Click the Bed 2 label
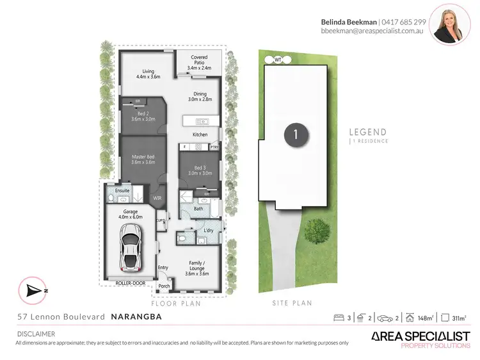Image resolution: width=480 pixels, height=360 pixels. coord(143,116)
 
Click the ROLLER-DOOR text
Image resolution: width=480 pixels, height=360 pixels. coord(131,282)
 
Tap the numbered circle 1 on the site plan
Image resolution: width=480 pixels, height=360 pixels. coord(295,135)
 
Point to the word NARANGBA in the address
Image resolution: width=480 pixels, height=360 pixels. coord(137,316)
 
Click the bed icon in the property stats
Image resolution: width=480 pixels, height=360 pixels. coord(339,317)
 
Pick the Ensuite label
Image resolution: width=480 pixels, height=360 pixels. coord(122,190)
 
